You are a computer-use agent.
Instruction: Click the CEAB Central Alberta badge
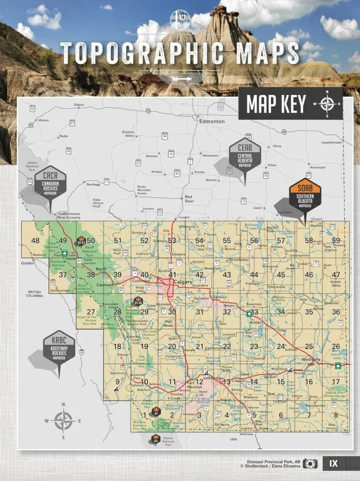point(245,156)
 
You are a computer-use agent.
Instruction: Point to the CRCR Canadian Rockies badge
point(51,182)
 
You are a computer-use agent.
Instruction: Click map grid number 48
point(35,240)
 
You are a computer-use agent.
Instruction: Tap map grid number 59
point(336,240)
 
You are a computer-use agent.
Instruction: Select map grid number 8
point(336,415)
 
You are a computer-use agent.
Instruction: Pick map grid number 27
point(91,312)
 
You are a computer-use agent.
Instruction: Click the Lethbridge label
point(213,378)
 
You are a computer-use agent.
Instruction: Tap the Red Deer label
point(189,199)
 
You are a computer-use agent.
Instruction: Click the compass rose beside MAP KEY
point(328,104)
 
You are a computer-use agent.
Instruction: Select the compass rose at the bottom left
point(63,420)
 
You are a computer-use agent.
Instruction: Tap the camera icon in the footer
point(310,464)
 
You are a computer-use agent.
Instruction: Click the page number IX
point(334,464)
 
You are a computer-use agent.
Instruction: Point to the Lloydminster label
point(332,142)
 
